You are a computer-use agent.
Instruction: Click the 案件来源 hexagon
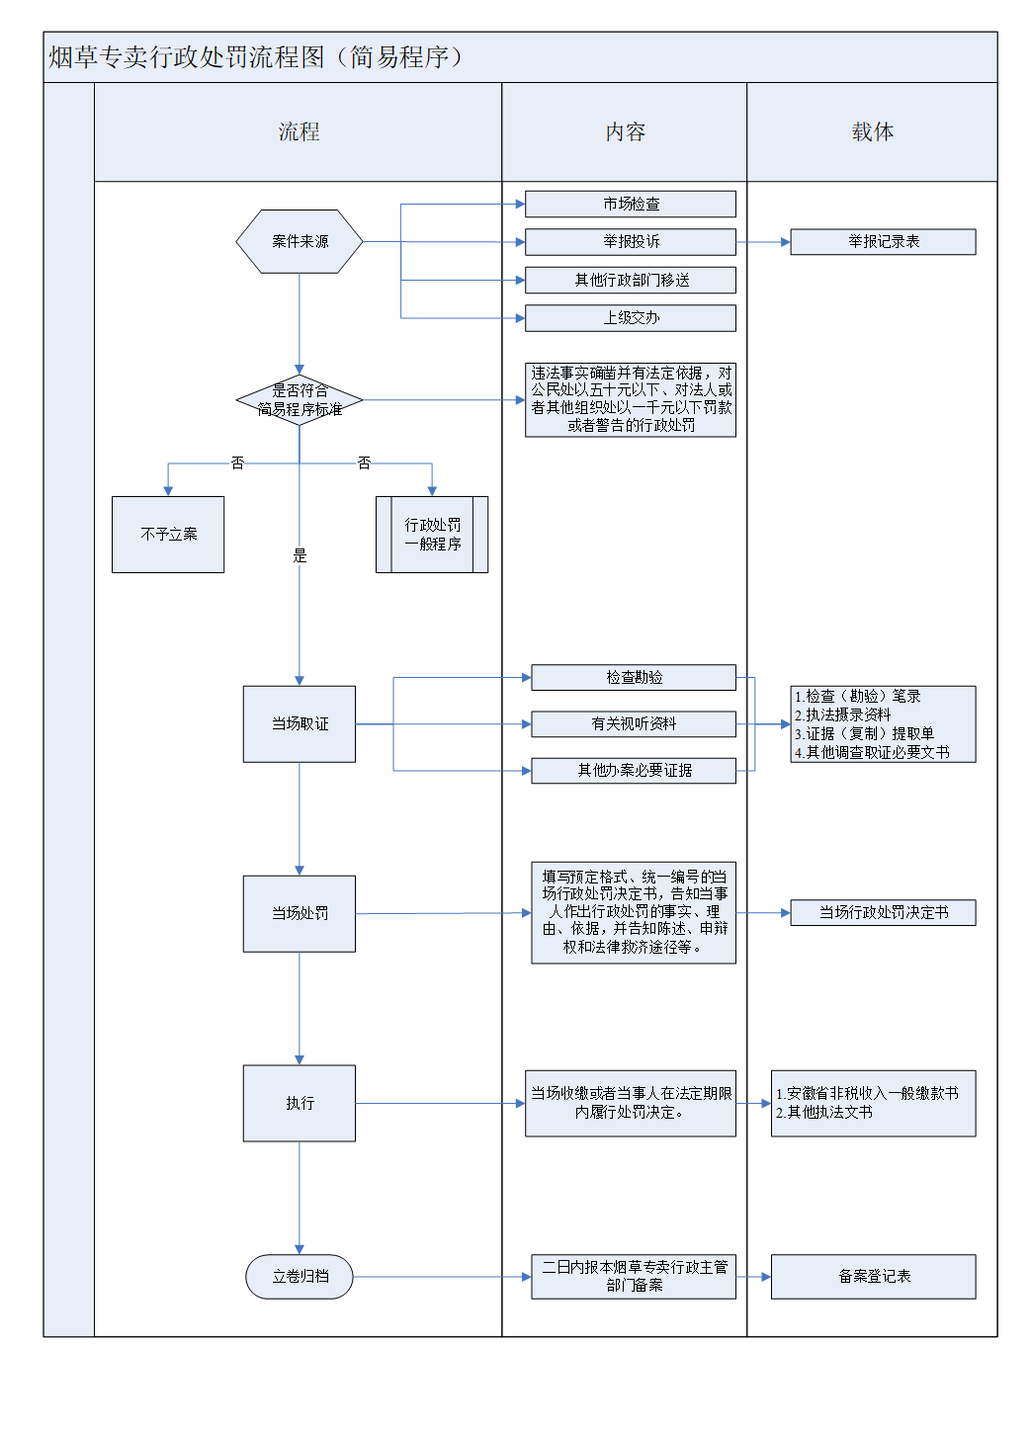[x=300, y=241]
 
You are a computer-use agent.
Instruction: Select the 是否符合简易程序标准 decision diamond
[x=300, y=400]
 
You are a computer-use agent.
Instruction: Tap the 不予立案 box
[x=168, y=535]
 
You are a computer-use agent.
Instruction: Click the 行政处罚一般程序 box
[x=432, y=535]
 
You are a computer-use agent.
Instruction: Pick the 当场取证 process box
[x=300, y=724]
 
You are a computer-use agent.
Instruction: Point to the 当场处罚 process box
[x=300, y=914]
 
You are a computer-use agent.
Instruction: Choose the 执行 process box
[x=300, y=1103]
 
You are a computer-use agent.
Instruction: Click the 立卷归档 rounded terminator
[x=300, y=1277]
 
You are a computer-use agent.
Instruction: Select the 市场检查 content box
[x=631, y=204]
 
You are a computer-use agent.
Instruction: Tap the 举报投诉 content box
[x=631, y=242]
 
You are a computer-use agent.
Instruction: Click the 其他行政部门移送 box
[x=631, y=281]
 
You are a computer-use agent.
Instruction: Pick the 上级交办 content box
[x=631, y=318]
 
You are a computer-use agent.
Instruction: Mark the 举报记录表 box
[x=883, y=242]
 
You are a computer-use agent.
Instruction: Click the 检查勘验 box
[x=634, y=678]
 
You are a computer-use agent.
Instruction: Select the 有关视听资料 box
[x=634, y=724]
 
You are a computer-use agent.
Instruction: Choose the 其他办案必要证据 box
[x=634, y=771]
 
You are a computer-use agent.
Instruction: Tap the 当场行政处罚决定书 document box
[x=883, y=913]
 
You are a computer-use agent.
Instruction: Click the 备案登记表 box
[x=873, y=1277]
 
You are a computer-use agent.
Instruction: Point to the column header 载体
[x=872, y=132]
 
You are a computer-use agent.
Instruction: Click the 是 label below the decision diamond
[x=300, y=556]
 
